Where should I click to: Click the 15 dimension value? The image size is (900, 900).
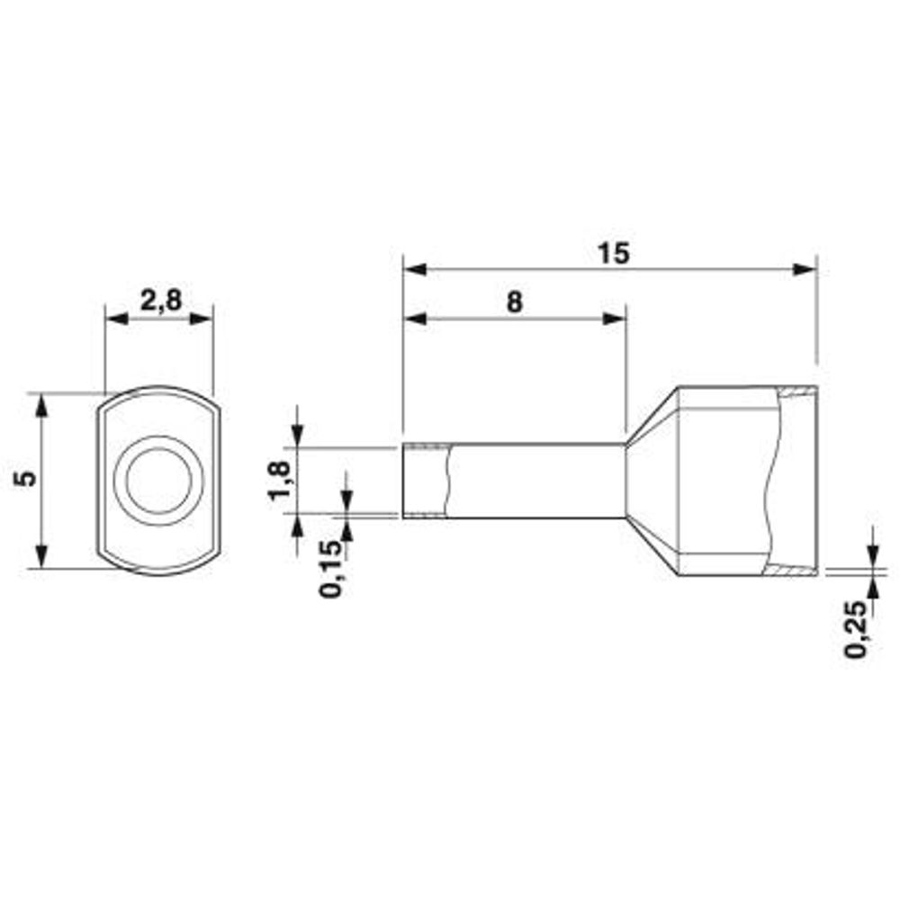coord(614,254)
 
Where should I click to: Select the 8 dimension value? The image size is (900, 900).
coord(515,302)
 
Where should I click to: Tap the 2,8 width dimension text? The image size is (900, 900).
coord(161,301)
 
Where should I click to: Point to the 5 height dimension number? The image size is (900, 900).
coord(26,478)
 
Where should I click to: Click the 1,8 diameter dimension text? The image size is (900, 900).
coord(281,481)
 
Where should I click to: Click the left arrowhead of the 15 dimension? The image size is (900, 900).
coord(414,269)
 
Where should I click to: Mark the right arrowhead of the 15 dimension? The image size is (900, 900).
coord(804,269)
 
